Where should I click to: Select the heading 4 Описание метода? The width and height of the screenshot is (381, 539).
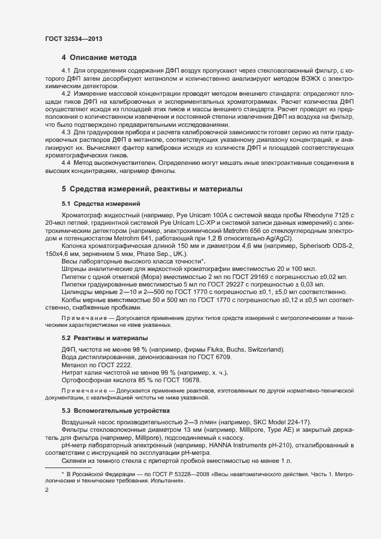99,58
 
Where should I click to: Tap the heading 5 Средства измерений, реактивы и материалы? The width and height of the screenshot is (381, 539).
152,189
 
